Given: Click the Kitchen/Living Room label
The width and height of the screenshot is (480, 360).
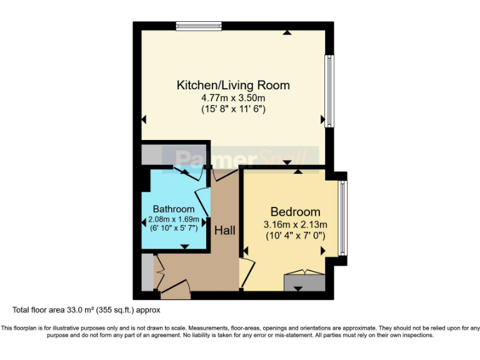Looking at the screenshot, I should [233, 85].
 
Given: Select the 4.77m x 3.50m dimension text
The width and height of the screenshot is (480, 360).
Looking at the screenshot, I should [233, 98].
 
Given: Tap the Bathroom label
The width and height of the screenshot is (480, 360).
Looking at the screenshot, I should [174, 209].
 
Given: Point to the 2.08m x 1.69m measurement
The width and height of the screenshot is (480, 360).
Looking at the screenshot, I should [174, 219].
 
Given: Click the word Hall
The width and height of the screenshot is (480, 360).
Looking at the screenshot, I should [225, 231].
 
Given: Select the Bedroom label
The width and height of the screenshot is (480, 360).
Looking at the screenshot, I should [295, 212].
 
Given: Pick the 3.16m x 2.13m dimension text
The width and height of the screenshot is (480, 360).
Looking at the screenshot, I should [295, 224].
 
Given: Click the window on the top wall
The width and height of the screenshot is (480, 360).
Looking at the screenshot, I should [199, 26].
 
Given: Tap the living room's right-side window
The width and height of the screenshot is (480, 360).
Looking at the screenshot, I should [329, 91].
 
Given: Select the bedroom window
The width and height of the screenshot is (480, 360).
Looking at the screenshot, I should [342, 218].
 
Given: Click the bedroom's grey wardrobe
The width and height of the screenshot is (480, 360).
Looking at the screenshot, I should [304, 282].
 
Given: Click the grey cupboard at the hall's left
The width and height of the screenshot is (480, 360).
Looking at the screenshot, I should [147, 272].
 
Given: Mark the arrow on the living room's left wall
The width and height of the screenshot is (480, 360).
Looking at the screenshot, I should [144, 119].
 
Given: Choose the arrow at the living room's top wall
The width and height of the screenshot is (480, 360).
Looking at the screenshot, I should [286, 32].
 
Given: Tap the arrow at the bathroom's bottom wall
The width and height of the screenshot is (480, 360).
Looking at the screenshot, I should [184, 247].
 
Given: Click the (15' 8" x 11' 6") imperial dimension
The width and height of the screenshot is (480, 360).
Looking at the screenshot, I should [233, 109].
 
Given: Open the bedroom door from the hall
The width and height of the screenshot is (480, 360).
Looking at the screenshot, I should [247, 270].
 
